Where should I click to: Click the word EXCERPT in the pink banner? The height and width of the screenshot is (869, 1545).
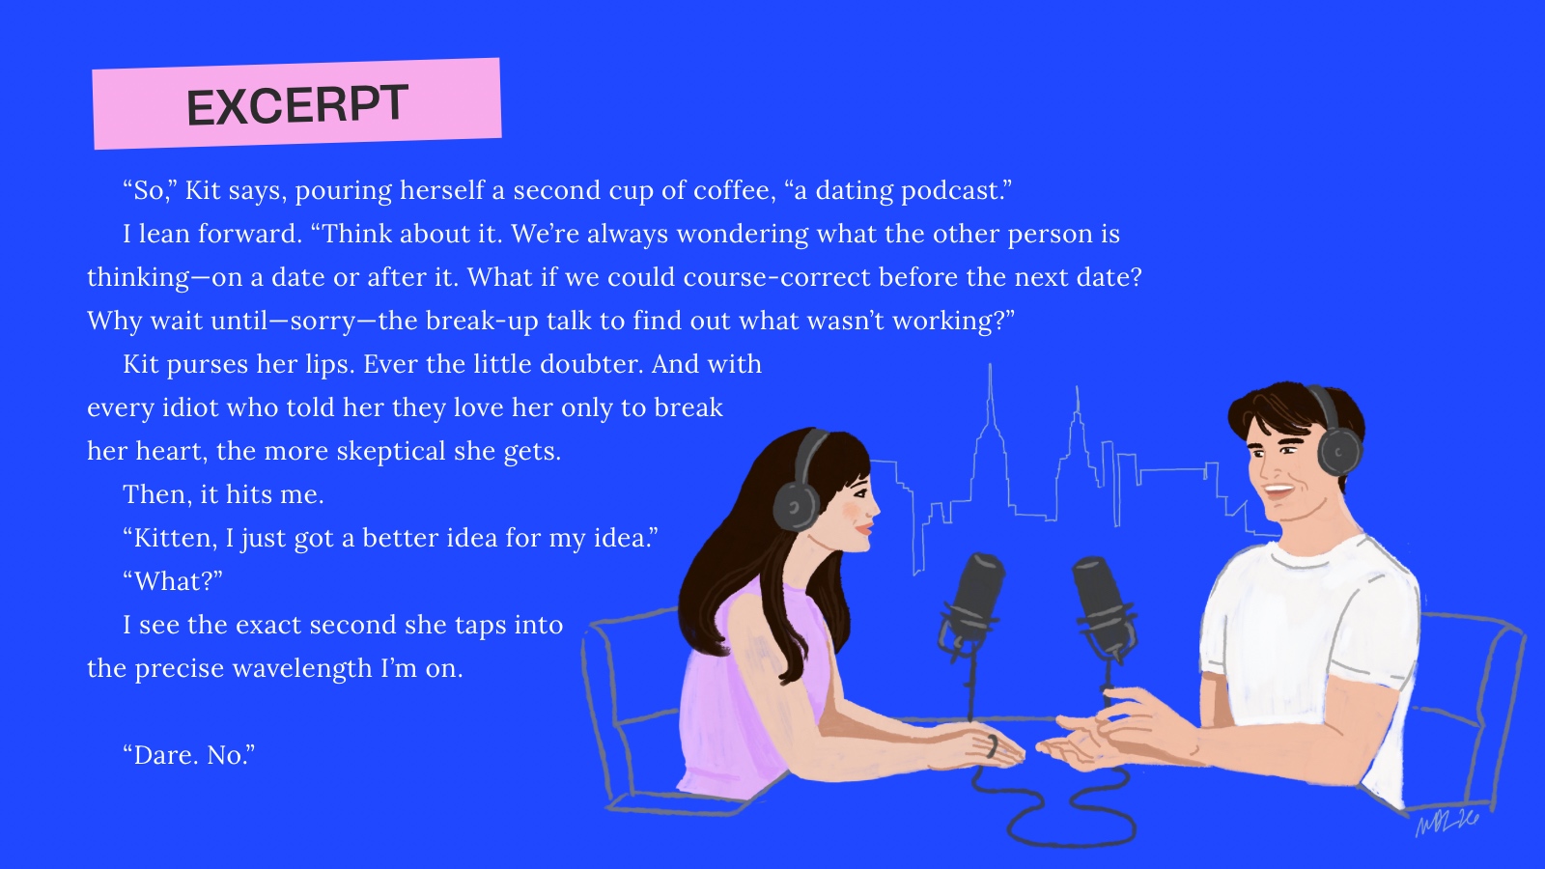pyautogui.click(x=297, y=105)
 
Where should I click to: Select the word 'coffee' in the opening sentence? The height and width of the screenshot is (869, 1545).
pyautogui.click(x=735, y=190)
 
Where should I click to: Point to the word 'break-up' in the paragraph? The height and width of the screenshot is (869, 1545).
pyautogui.click(x=482, y=322)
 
